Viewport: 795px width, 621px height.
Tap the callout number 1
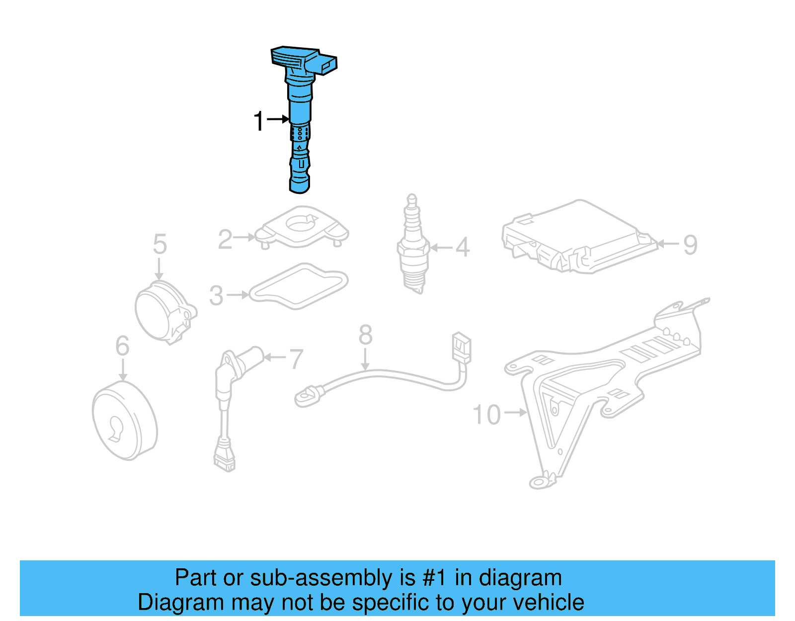[x=258, y=121]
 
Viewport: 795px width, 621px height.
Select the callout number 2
[x=225, y=239]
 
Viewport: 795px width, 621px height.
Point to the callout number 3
[x=216, y=295]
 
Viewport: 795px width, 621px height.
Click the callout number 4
[x=463, y=247]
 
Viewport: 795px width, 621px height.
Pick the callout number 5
[x=159, y=244]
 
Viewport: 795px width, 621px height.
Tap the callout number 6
[x=122, y=346]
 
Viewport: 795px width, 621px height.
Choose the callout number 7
[x=296, y=359]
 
